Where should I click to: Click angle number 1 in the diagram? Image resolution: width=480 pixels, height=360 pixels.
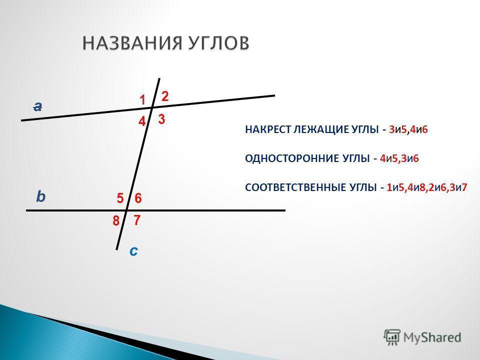click(142, 100)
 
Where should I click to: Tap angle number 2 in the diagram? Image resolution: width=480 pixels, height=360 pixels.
click(165, 96)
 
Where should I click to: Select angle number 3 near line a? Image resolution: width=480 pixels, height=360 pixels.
click(161, 119)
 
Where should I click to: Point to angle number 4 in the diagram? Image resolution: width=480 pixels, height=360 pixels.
click(142, 121)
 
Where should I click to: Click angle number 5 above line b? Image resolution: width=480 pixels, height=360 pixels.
click(120, 198)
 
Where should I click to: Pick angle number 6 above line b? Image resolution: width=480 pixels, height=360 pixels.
click(138, 198)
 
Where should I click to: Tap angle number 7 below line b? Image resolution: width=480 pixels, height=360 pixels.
click(137, 220)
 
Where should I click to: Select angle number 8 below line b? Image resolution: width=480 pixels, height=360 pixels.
click(115, 220)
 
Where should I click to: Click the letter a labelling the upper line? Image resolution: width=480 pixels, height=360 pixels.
click(37, 106)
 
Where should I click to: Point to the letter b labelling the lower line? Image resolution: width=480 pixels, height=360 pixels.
click(40, 196)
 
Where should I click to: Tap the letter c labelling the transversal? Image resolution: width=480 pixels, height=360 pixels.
click(133, 251)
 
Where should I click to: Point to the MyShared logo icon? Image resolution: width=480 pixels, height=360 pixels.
click(392, 337)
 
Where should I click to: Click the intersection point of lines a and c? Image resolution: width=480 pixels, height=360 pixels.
click(152, 107)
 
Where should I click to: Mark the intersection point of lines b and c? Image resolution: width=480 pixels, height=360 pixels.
click(126, 210)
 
